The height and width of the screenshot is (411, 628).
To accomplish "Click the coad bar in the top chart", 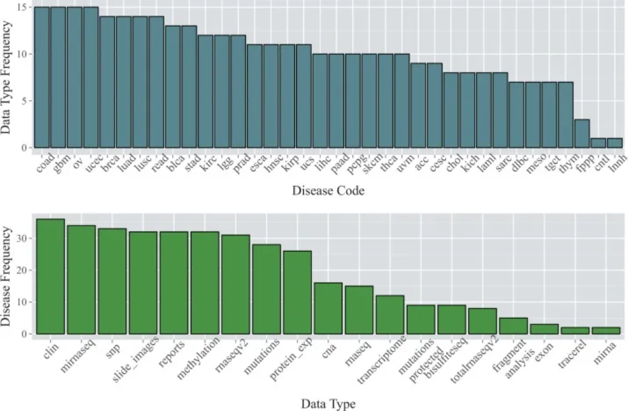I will [42, 77].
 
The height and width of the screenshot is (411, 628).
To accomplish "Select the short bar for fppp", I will [581, 134].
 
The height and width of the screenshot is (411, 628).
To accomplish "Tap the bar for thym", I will [565, 115].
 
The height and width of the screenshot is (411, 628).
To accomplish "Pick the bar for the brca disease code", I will [107, 82].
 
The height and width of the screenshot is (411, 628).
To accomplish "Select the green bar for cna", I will [328, 308].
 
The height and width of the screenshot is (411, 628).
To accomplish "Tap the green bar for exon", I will [544, 329].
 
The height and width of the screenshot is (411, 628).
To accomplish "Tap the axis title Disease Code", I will [328, 191].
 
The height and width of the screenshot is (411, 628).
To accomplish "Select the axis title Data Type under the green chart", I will [328, 403].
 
